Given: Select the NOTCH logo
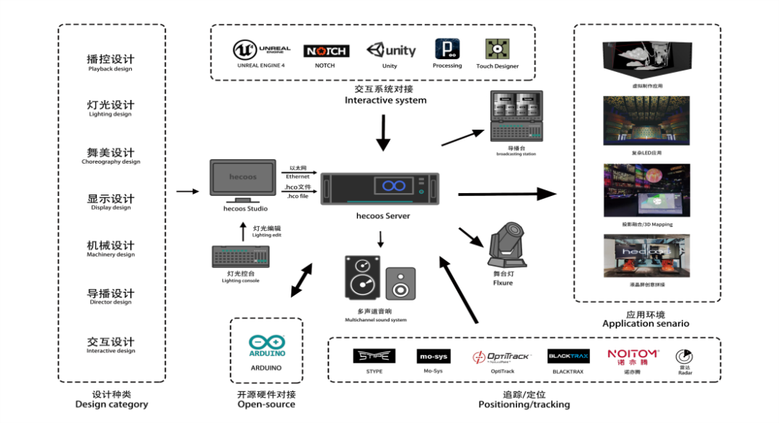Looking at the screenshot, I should pos(326,50).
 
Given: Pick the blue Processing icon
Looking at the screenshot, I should pos(447,49).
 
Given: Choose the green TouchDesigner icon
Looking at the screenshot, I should pos(496,49).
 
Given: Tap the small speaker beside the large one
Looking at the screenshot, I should pos(400,284).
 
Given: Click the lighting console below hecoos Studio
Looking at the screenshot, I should pos(240,256).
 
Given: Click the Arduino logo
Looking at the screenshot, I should pos(267,347).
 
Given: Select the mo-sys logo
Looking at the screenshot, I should pos(433,356).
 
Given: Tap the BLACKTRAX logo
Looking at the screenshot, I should pos(568,356).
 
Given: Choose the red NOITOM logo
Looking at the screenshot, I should pos(633,356).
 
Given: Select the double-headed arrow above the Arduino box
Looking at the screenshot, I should pos(302,280).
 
